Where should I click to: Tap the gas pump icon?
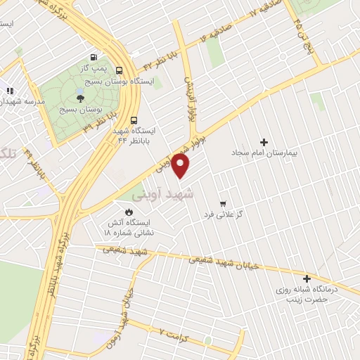tap(93, 57)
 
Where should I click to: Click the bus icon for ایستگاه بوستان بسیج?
tap(118, 70)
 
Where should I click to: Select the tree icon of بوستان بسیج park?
tap(79, 98)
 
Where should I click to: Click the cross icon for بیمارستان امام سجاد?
tap(264, 141)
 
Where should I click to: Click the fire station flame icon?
tap(128, 211)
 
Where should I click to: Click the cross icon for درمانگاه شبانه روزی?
tap(307, 278)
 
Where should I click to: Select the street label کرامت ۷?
tap(175, 331)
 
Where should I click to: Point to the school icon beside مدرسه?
tap(10, 91)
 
